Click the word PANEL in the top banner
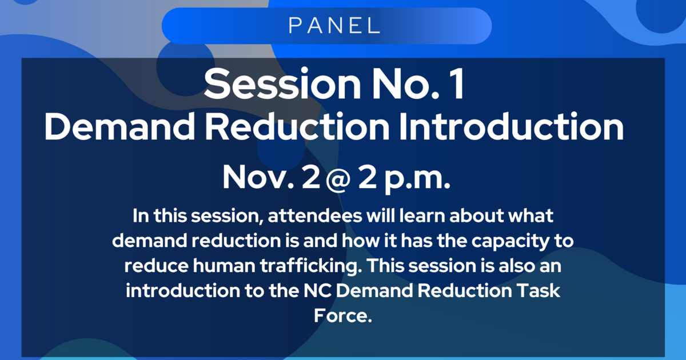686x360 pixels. (x=334, y=25)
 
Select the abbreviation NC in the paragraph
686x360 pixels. (x=316, y=290)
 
